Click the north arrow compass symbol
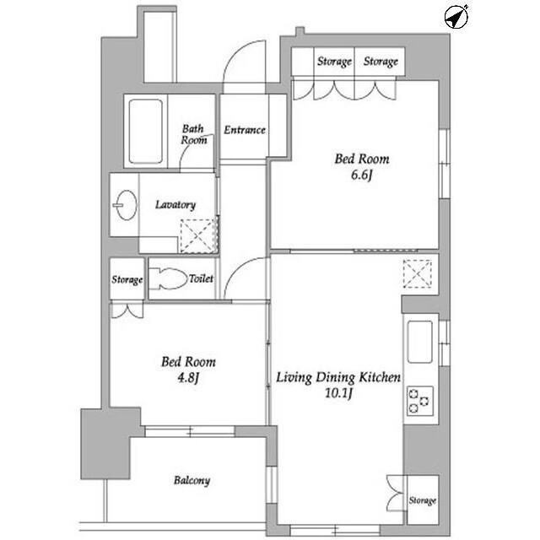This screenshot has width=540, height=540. [x=456, y=17]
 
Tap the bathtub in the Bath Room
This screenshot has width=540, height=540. [x=145, y=132]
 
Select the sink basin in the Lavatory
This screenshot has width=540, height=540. [x=126, y=205]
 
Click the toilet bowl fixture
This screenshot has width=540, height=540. [x=169, y=278]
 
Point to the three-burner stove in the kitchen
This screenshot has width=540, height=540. [x=419, y=401]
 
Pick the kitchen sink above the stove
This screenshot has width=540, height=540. [x=420, y=342]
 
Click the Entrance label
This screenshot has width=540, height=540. [x=245, y=130]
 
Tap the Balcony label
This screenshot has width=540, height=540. [x=192, y=480]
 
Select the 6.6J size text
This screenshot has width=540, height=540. [x=362, y=175]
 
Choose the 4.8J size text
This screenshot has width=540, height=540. [x=188, y=378]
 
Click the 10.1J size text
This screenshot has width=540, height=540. [x=338, y=393]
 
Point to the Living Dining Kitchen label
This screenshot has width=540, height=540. [x=338, y=377]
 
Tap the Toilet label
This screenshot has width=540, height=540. [x=201, y=278]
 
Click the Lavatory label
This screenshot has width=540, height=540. [x=175, y=204]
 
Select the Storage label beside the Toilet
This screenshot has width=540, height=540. [x=127, y=279]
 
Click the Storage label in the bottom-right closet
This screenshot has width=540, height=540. [x=423, y=500]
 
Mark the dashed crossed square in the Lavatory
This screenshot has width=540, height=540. [x=197, y=236]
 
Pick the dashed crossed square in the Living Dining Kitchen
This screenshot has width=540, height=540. [x=418, y=273]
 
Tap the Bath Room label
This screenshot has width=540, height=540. [x=194, y=134]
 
